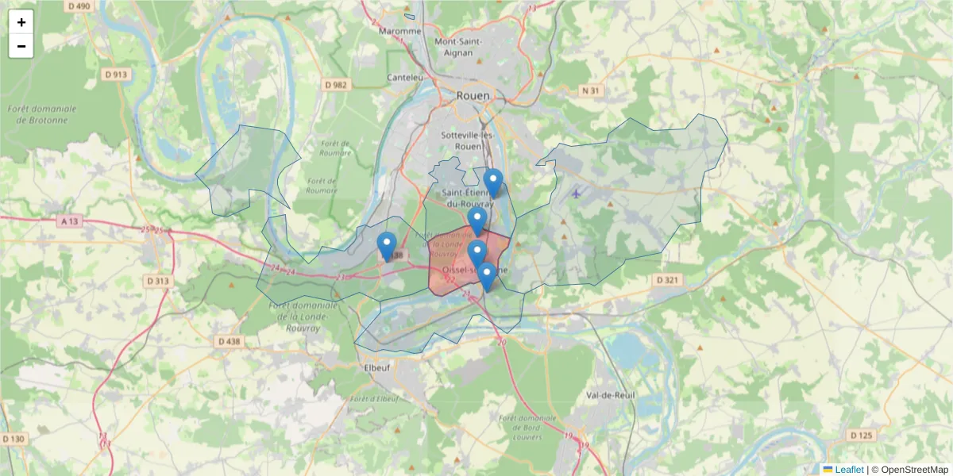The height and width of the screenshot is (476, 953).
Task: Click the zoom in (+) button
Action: [x=21, y=22]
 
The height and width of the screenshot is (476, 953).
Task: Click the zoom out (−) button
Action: [x=21, y=46]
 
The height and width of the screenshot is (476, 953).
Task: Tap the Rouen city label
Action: [x=473, y=95]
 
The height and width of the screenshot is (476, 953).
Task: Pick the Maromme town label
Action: [x=400, y=32]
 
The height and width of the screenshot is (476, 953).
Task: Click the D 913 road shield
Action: [x=116, y=74]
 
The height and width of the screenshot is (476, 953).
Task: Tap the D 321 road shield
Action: [x=669, y=280]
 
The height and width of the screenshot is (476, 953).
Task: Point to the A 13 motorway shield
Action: [x=69, y=222]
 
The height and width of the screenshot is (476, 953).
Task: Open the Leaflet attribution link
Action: [x=848, y=470]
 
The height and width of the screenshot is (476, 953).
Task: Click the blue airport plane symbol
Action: [x=576, y=193]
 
